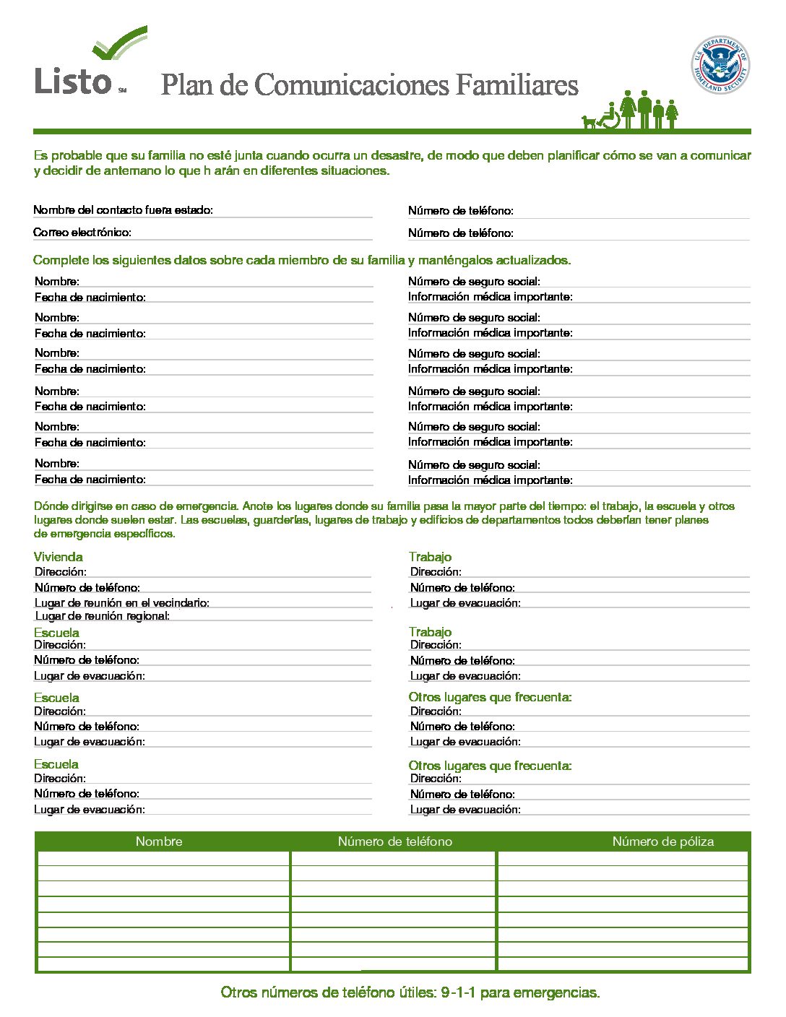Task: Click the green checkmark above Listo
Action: click(x=121, y=45)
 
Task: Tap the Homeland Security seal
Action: click(x=720, y=65)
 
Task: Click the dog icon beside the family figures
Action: click(x=589, y=122)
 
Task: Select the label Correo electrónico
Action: click(x=82, y=233)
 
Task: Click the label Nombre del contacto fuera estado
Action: click(x=123, y=210)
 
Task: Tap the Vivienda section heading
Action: click(x=58, y=557)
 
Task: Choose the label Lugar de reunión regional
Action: click(x=102, y=616)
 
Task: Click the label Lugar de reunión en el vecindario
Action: click(x=122, y=602)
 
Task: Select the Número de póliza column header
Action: click(x=662, y=841)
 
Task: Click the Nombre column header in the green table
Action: click(x=159, y=841)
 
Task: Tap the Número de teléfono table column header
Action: click(x=394, y=841)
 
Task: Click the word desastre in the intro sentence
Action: click(x=395, y=155)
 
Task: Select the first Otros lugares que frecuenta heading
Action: click(x=490, y=697)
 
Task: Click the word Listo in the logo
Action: click(x=73, y=81)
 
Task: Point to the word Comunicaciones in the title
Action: click(x=351, y=85)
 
